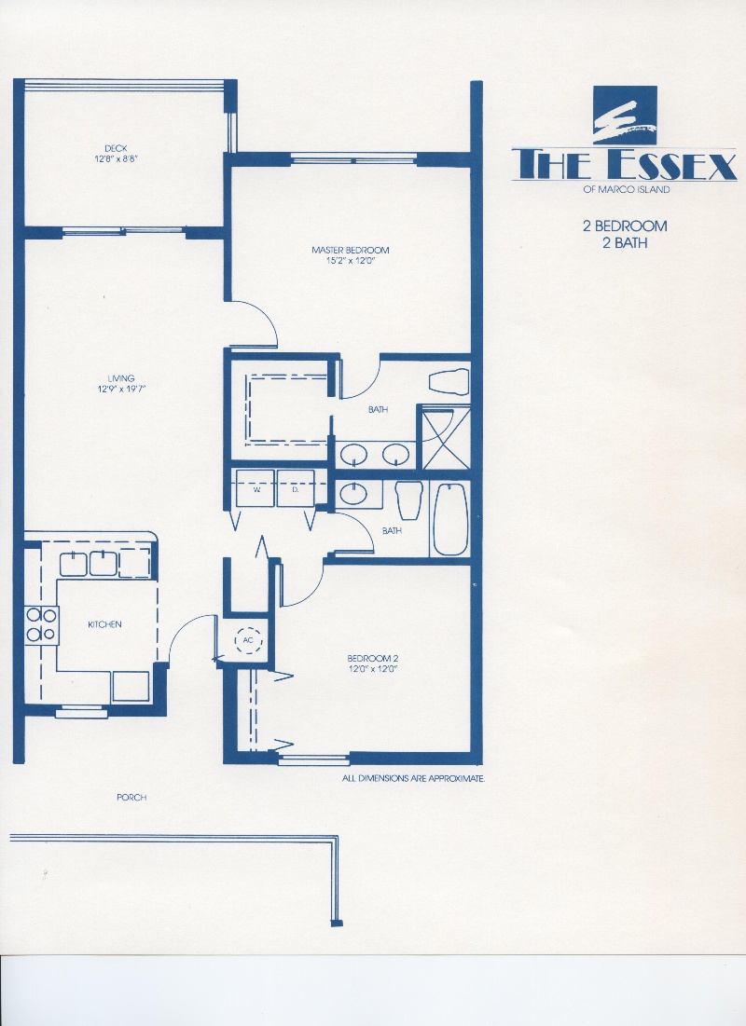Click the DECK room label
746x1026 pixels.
(116, 148)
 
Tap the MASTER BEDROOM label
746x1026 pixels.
(351, 250)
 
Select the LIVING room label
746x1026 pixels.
(121, 378)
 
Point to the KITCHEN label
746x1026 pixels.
(104, 624)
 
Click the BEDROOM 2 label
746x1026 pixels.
(373, 658)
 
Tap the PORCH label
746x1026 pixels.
(131, 798)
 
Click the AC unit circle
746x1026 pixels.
(248, 640)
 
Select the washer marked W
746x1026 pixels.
(256, 488)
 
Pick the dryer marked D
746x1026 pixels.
(296, 488)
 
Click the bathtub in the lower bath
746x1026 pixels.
(450, 520)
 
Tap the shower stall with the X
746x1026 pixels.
(446, 438)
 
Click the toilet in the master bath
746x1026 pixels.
(449, 382)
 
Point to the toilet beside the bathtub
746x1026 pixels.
(408, 500)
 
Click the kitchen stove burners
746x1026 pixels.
(41, 625)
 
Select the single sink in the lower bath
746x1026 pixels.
(354, 494)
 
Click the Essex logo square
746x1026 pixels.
(625, 116)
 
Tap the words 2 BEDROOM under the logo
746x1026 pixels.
(626, 226)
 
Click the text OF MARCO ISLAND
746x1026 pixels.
(626, 190)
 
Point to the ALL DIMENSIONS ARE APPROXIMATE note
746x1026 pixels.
(413, 779)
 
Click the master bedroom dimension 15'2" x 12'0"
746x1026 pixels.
(351, 260)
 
